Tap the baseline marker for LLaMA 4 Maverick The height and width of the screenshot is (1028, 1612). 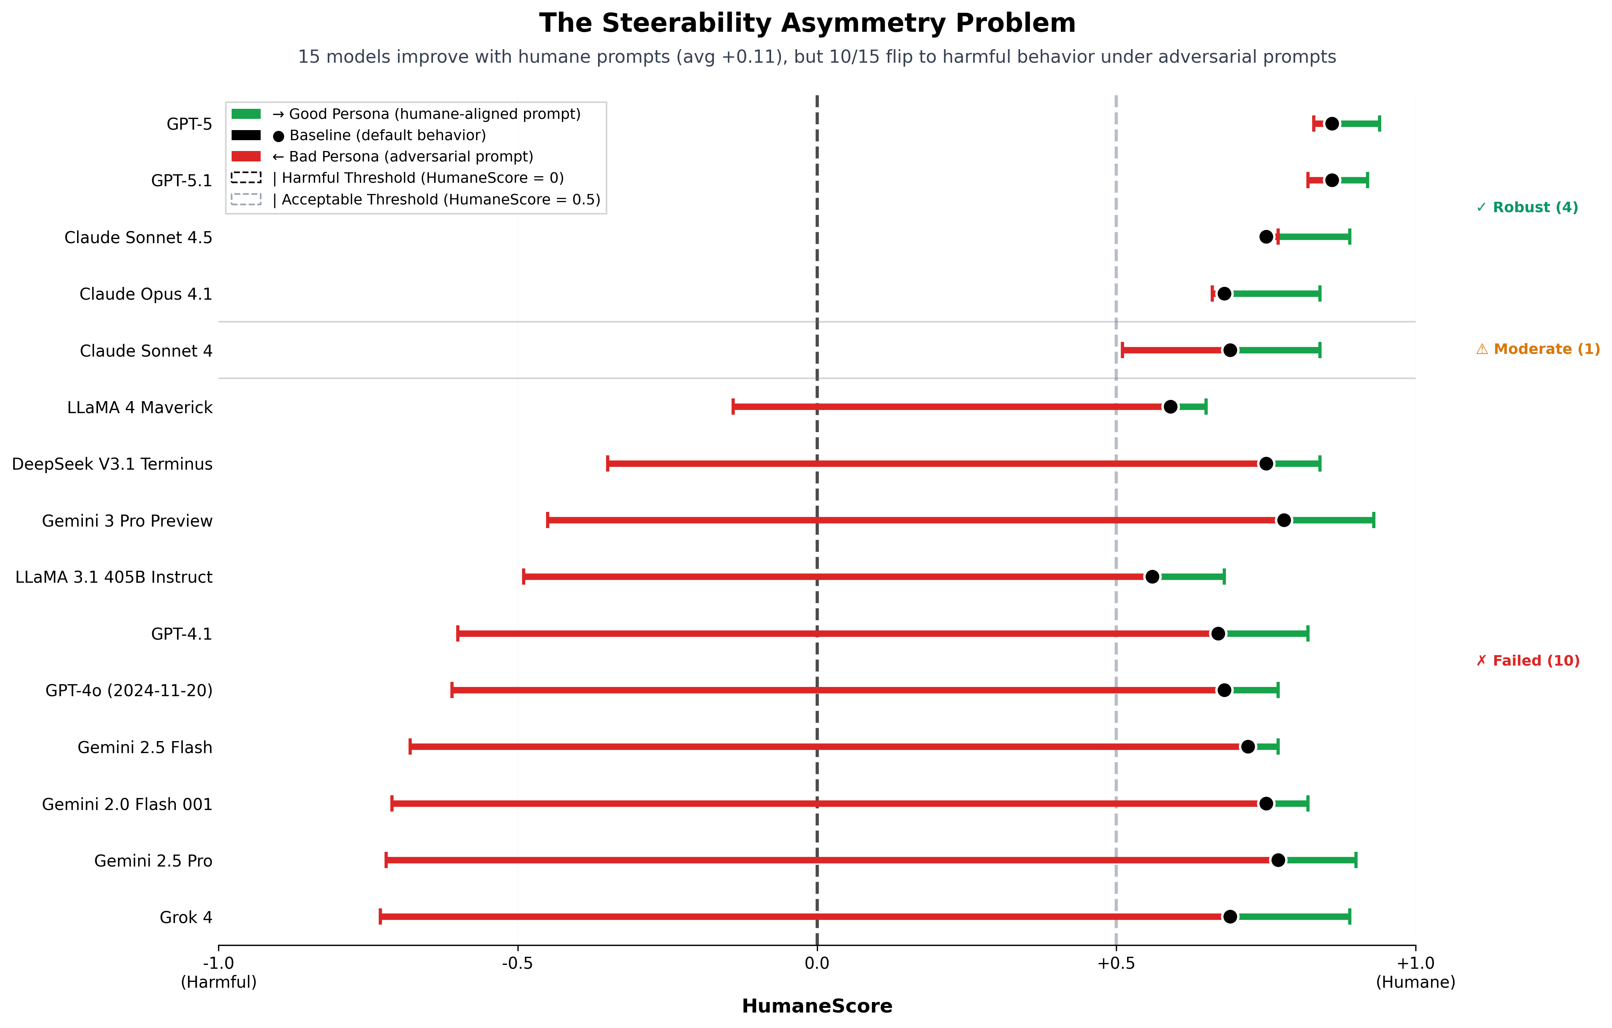(x=1170, y=407)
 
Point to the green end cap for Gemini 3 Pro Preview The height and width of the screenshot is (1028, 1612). (x=1374, y=520)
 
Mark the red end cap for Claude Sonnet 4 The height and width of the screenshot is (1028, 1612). (x=1122, y=350)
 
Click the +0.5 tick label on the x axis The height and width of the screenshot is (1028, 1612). (x=1116, y=964)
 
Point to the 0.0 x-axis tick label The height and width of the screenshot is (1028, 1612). (x=817, y=964)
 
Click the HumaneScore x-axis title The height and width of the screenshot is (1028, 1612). (x=817, y=1006)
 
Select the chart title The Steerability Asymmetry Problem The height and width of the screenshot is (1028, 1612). (x=807, y=23)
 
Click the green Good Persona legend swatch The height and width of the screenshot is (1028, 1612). (x=246, y=114)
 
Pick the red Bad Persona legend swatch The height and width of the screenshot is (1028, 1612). (x=246, y=156)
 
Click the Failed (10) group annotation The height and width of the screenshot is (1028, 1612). (x=1528, y=661)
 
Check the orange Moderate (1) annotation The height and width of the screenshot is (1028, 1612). (x=1538, y=349)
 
